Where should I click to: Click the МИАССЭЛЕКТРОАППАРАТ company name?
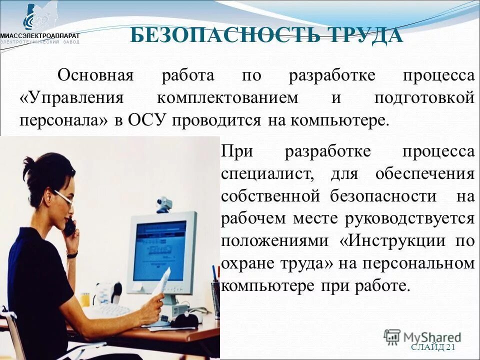coord(39,35)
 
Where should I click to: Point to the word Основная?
coord(95,76)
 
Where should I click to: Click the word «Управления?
coord(71,98)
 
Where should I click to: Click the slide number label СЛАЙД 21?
coord(433,347)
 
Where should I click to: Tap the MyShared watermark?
coord(422,336)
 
